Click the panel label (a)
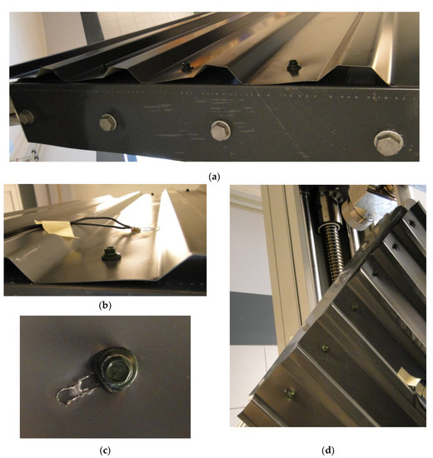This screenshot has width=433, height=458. click(x=215, y=177)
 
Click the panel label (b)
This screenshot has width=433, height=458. click(x=105, y=306)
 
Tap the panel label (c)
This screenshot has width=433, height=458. click(x=105, y=451)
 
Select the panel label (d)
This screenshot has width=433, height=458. click(x=328, y=451)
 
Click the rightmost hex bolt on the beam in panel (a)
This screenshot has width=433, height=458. click(x=389, y=143)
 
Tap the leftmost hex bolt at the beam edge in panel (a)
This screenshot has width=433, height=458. click(x=27, y=117)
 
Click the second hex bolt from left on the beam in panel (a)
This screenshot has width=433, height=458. click(x=108, y=122)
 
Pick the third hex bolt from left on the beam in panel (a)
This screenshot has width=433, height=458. click(x=221, y=130)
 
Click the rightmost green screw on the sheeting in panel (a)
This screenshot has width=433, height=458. click(x=294, y=67)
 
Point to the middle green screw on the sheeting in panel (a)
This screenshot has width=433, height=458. click(x=187, y=67)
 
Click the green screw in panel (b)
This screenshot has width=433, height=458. click(x=111, y=253)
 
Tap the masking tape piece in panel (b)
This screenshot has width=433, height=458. click(x=57, y=229)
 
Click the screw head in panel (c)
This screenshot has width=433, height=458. click(x=117, y=369)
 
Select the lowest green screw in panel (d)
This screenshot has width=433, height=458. click(x=291, y=394)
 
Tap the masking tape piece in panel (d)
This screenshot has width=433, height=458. click(x=408, y=377)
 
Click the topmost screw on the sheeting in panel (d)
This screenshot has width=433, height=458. click(x=412, y=224)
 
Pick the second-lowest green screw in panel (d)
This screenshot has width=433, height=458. click(x=324, y=348)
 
